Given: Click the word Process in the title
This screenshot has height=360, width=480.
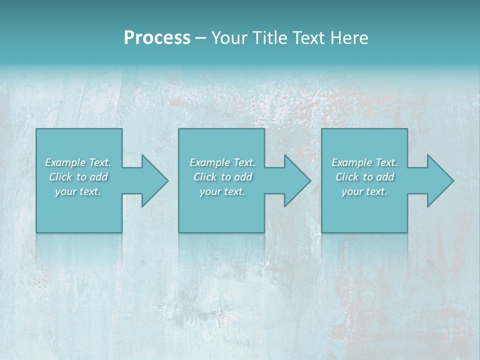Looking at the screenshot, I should point(157,38).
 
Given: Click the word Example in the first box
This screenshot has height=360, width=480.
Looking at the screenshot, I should point(65,162).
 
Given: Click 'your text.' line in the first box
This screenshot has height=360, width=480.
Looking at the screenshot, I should point(78,191).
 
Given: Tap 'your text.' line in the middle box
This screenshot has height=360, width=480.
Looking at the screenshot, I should point(222,191).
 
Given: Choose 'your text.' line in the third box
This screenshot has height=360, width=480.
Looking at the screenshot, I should point(364,191).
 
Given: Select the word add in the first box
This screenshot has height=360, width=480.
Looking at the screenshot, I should point(99,177).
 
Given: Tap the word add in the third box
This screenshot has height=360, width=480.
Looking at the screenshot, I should point(385,177).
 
